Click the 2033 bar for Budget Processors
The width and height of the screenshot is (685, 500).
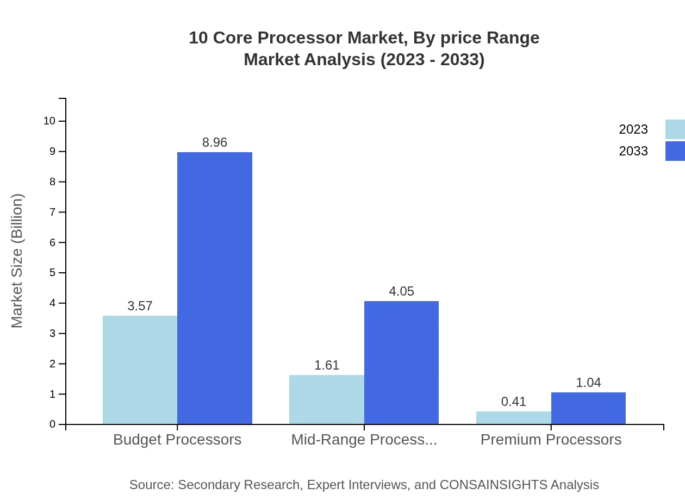[215, 288]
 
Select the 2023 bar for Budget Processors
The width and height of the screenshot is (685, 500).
[140, 370]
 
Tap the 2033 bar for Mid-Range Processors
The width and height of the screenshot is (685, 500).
[401, 362]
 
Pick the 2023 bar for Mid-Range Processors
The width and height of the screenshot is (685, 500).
[327, 399]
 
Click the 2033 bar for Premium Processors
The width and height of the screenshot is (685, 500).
[588, 408]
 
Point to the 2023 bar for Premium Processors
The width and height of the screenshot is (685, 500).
[514, 417]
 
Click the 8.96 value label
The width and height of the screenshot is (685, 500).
[215, 142]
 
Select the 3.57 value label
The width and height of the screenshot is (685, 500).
[140, 306]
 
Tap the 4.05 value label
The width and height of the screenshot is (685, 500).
[401, 291]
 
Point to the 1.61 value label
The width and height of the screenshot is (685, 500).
[327, 365]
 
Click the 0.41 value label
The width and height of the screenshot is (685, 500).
[514, 402]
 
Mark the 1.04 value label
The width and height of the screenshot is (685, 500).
[588, 383]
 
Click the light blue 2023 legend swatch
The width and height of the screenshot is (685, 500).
[675, 129]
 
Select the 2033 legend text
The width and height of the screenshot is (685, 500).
[633, 151]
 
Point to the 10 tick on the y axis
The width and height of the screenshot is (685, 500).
[49, 121]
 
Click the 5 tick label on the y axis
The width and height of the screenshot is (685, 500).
[53, 272]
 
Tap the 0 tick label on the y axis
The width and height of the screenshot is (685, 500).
[53, 424]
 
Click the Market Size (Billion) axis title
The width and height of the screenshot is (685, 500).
[17, 261]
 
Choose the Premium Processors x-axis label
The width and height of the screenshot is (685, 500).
[551, 440]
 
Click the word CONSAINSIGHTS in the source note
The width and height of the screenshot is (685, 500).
[493, 485]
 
